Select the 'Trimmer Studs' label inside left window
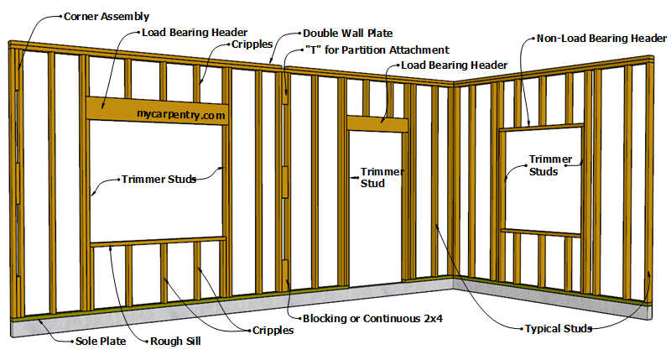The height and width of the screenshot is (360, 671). [x=159, y=179]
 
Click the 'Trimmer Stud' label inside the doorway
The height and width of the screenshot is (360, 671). [x=382, y=177]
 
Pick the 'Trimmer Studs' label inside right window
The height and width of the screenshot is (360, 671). [x=550, y=164]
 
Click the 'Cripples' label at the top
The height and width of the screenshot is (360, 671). [x=252, y=44]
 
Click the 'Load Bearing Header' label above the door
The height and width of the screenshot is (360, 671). [x=454, y=65]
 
